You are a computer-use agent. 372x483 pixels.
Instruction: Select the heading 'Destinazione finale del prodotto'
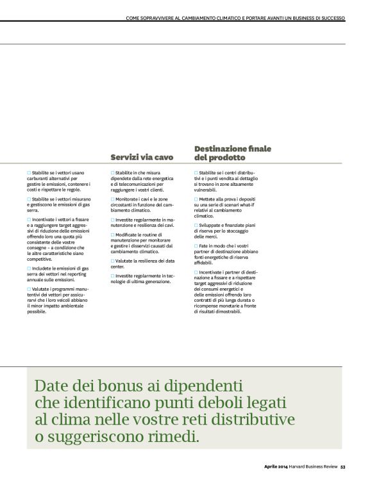[x=224, y=152]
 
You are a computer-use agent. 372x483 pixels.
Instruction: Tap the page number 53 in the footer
[x=343, y=466]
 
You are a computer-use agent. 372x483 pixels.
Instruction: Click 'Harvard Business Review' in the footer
[x=315, y=466]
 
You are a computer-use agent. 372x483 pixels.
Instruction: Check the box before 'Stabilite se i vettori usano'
[x=29, y=173]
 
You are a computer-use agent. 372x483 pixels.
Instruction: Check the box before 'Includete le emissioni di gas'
[x=29, y=268]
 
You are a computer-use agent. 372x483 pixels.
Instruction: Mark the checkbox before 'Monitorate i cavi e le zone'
[x=112, y=199]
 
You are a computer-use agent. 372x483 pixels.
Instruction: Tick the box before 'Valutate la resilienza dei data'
[x=112, y=261]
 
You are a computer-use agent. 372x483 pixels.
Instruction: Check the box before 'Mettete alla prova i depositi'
[x=196, y=199]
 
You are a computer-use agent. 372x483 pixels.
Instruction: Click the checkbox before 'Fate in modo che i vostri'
[x=196, y=246]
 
